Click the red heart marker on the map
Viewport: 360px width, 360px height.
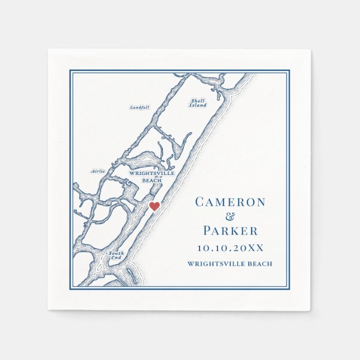coord(155,206)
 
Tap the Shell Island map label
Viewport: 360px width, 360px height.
coord(197,103)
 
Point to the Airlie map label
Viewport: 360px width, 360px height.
coord(98,171)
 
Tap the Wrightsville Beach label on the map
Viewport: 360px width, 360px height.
coord(151,177)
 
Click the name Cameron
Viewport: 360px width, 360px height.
coord(230,202)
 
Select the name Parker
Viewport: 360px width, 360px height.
coord(230,230)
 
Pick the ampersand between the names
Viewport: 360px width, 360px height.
coord(230,217)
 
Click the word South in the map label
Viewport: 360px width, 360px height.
coord(116,254)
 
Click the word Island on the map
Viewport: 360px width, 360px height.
coord(197,106)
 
